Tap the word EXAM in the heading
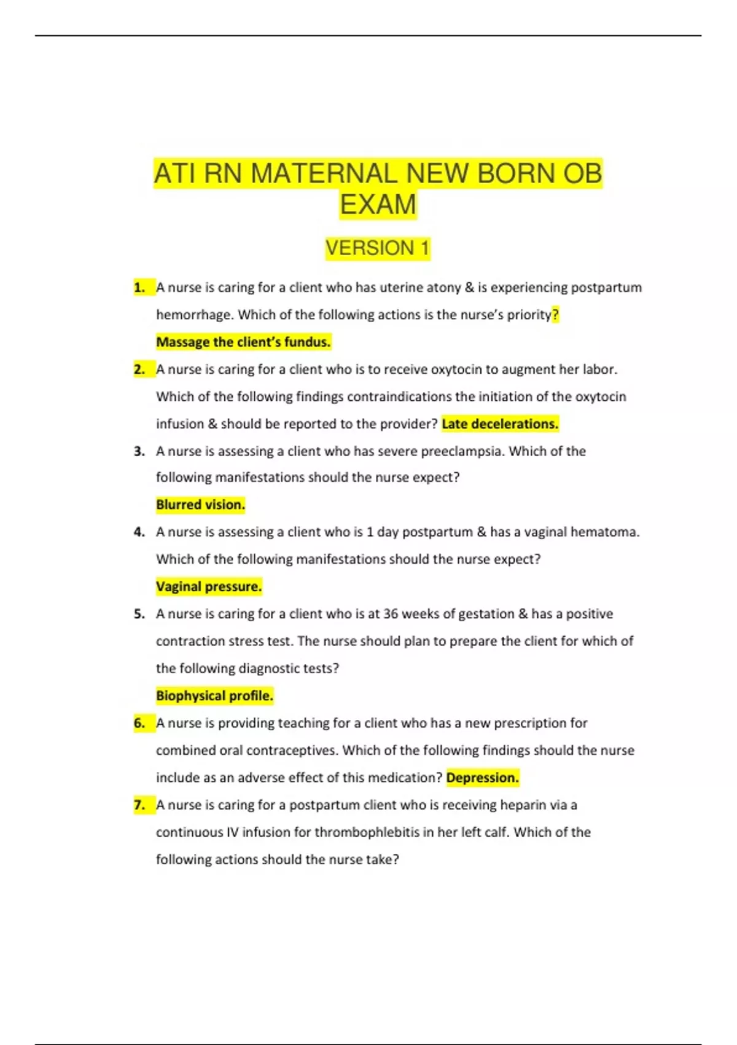[x=378, y=205]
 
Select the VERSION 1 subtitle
[x=377, y=248]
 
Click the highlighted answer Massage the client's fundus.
[x=243, y=342]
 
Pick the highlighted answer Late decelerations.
[x=500, y=424]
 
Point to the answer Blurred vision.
[x=200, y=505]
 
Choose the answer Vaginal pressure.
[x=209, y=586]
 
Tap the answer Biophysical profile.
[x=214, y=696]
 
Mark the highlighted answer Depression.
[x=482, y=778]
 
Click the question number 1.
[x=139, y=288]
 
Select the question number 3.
[x=139, y=451]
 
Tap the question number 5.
[x=139, y=614]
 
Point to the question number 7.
[x=139, y=805]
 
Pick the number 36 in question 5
[x=391, y=614]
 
